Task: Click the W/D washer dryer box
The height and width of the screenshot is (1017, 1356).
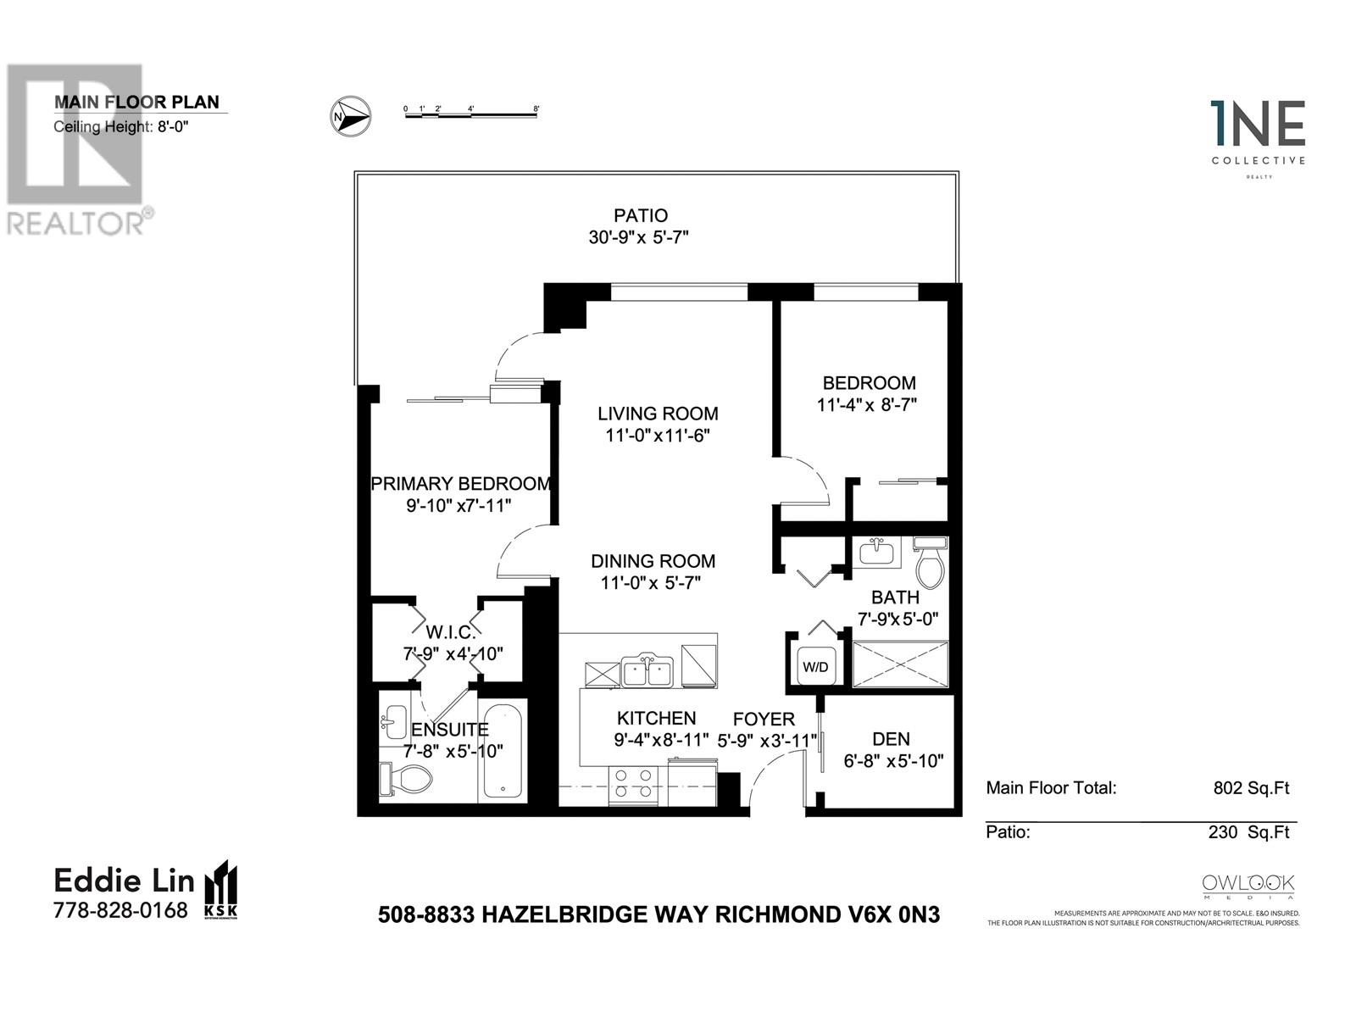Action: click(815, 666)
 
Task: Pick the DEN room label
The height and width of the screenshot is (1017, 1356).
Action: click(891, 739)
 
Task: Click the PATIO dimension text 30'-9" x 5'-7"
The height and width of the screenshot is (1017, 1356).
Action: click(638, 238)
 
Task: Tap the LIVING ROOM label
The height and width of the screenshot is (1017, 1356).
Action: click(658, 414)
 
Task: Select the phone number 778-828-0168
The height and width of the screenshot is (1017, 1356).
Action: click(120, 911)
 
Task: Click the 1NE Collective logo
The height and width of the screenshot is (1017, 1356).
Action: click(1258, 136)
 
